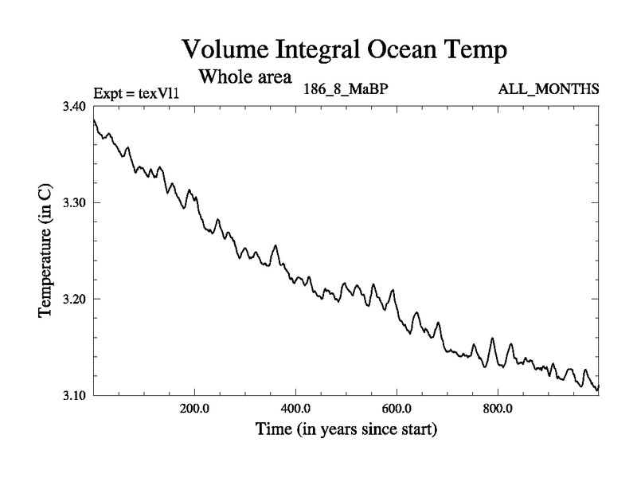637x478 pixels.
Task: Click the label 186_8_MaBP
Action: [x=346, y=88]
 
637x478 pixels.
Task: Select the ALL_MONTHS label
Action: [x=548, y=88]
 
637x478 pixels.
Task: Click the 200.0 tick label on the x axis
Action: [x=194, y=409]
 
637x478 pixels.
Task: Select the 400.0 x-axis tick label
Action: [x=295, y=409]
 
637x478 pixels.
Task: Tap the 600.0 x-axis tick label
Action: [x=397, y=409]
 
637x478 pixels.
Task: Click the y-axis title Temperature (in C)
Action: [x=45, y=251]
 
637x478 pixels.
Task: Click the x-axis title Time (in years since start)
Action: [x=346, y=430]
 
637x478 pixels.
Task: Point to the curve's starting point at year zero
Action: [x=94, y=119]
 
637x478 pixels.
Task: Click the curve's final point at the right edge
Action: [x=598, y=386]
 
